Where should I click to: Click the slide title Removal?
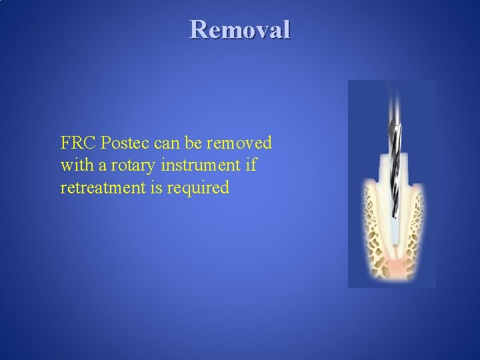pyautogui.click(x=240, y=30)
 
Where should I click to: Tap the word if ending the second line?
pyautogui.click(x=251, y=165)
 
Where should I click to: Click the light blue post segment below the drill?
pyautogui.click(x=393, y=230)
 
